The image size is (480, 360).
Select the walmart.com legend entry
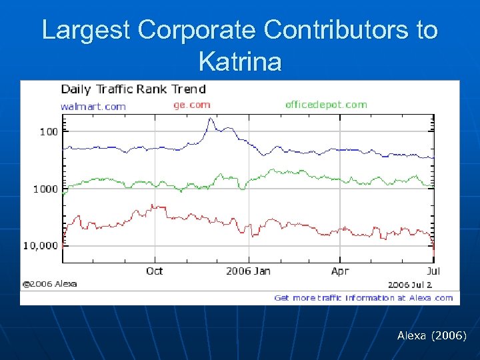point(93,105)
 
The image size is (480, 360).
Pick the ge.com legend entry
point(192,104)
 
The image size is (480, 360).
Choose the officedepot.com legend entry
point(326,104)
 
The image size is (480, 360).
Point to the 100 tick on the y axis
point(49,131)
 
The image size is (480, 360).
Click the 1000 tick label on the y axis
point(46,189)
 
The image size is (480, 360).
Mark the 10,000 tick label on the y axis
point(41,245)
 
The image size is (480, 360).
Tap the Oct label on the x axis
point(154,271)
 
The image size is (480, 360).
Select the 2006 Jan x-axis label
point(248,271)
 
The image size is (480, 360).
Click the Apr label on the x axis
point(340,271)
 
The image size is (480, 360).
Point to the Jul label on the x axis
point(433,271)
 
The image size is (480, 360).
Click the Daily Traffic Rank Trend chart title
point(133,89)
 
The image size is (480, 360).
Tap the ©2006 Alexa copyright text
point(50,283)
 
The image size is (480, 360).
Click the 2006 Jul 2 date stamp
point(410,285)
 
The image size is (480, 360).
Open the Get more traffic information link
point(363,298)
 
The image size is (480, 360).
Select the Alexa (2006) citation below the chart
point(431,336)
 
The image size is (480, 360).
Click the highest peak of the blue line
point(211,119)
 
